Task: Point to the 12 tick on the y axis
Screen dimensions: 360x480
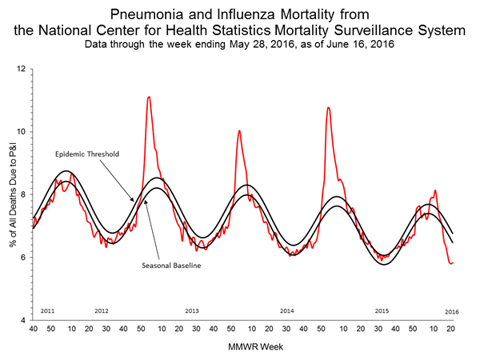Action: click(x=22, y=69)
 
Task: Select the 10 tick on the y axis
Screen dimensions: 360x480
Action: click(x=22, y=131)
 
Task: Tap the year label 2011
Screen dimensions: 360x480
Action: click(x=48, y=310)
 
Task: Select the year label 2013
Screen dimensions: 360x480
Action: click(x=192, y=310)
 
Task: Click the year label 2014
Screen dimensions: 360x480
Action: click(x=287, y=310)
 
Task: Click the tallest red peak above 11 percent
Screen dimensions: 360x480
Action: click(x=149, y=97)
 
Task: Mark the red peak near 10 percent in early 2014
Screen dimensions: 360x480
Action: click(x=239, y=130)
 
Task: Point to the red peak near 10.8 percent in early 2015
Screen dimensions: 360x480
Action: click(x=328, y=107)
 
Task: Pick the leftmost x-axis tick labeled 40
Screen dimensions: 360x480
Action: click(x=33, y=329)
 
